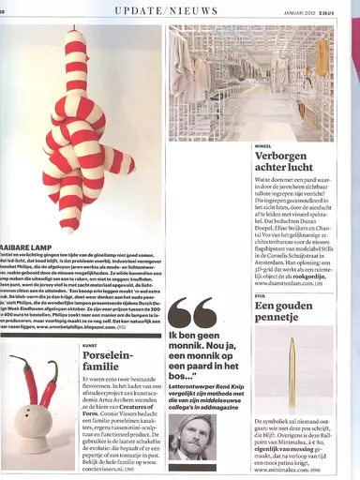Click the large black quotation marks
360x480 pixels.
tap(191, 316)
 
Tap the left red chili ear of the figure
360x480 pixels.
tap(26, 377)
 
